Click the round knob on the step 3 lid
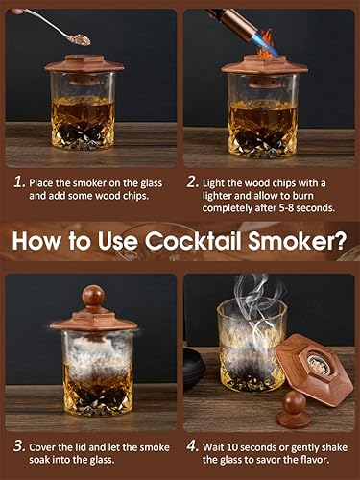(x=92, y=295)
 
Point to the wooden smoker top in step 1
(x=84, y=66)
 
